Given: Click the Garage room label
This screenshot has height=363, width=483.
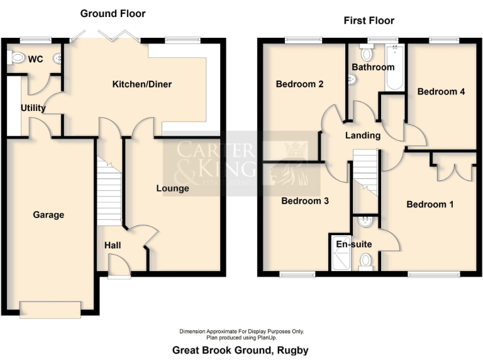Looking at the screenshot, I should click(x=48, y=215).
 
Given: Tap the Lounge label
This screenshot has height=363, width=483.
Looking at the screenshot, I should click(x=172, y=188).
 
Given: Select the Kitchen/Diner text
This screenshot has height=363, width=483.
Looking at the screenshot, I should click(x=142, y=84).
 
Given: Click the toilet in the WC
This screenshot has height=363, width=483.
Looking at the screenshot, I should click(x=17, y=59).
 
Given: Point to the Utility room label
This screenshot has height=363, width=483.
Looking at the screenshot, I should click(x=33, y=108).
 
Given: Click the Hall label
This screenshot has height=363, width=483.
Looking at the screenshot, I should click(x=113, y=245).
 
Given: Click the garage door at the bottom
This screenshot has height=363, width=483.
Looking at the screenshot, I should click(x=50, y=308).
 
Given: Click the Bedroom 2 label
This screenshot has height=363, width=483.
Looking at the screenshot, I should click(x=300, y=84).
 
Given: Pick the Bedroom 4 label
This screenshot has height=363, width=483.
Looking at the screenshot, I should click(x=441, y=91).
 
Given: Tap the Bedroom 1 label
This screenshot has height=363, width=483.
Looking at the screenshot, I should click(x=430, y=204).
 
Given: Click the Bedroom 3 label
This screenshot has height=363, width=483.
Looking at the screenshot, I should click(x=304, y=201).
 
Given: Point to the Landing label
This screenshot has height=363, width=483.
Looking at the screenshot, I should click(x=363, y=135).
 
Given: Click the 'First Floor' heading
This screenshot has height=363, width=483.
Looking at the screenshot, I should click(x=369, y=21).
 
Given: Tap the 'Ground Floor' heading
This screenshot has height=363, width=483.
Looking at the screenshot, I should click(x=113, y=13).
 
